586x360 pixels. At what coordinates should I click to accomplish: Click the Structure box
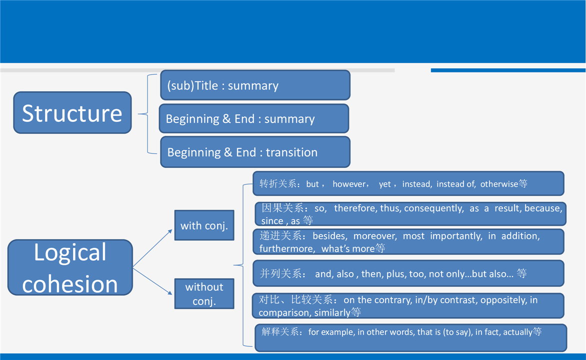[x=72, y=112]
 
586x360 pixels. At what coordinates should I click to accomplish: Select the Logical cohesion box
[x=70, y=267]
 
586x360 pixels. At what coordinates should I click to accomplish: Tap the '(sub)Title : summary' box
[x=255, y=85]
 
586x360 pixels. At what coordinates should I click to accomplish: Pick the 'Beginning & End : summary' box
[x=254, y=118]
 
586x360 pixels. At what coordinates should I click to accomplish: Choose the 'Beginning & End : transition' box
[x=255, y=152]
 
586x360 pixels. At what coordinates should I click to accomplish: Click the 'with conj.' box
[x=204, y=225]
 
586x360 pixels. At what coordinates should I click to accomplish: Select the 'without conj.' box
[x=204, y=293]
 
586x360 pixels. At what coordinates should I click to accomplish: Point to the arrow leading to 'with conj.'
[x=152, y=248]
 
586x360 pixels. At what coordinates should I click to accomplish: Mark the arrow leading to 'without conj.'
[x=152, y=281]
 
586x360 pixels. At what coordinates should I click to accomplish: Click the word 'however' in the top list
[x=349, y=184]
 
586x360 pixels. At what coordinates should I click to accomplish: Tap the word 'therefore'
[x=355, y=208]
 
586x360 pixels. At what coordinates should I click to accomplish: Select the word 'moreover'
[x=375, y=236]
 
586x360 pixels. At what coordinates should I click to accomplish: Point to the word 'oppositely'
[x=503, y=300]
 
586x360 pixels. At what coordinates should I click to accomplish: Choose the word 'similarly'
[x=332, y=312]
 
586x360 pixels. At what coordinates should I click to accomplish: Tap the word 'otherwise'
[x=499, y=184]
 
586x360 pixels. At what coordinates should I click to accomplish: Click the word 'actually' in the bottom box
[x=517, y=332]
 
